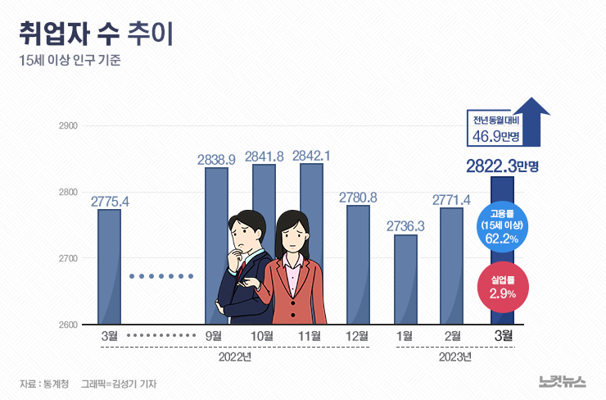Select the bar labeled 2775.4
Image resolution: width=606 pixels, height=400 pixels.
point(109,266)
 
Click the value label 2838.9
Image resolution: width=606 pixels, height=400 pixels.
point(216,159)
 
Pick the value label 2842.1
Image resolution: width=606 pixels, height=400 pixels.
point(311,156)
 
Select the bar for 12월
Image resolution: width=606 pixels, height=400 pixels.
point(358,264)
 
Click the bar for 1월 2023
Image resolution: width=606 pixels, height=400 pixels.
point(405,279)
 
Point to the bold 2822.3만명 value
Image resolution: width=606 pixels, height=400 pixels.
point(502,166)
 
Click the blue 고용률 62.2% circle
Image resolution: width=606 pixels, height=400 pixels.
point(503,225)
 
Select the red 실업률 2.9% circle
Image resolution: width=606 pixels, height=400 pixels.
point(503,286)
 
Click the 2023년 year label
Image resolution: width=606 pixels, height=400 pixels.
point(454,358)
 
